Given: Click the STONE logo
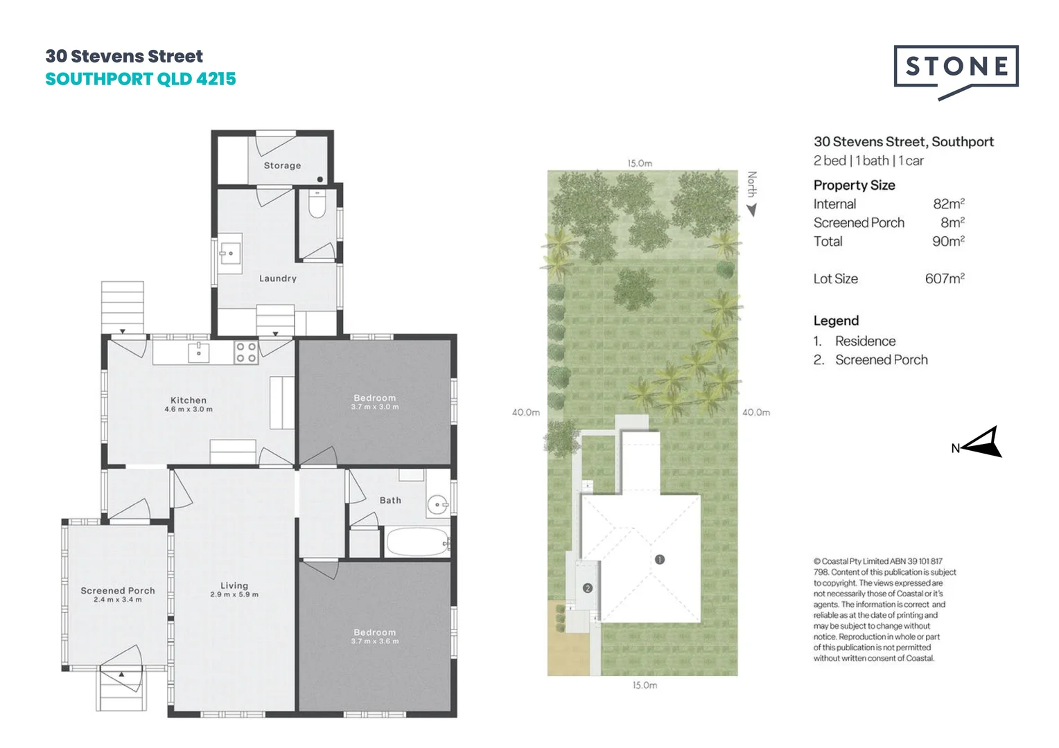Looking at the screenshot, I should point(956,67).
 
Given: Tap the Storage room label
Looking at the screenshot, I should point(282,166).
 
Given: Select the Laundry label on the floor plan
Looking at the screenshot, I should point(278,278).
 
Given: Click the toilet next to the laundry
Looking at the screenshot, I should point(317,205).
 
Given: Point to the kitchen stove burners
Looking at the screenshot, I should point(246,353).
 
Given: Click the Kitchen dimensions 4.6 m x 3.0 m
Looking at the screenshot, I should point(189,409).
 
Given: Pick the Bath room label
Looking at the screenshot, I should point(390,500).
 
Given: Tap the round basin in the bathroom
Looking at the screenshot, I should point(437,505).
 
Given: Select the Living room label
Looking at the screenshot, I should point(234,585).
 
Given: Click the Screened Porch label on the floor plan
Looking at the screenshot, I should point(118,591).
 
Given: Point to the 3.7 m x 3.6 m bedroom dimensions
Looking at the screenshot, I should point(375,641).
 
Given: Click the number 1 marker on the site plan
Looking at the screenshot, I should point(660,559).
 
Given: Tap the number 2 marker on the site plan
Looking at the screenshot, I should point(588,588).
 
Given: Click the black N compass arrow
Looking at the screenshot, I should point(983,443).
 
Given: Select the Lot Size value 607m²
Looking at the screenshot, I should point(944,278).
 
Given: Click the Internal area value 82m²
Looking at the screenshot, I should point(948,204).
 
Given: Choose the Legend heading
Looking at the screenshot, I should point(836,321).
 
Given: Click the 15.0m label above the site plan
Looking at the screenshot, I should point(640,163).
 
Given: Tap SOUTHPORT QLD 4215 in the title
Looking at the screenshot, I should point(141,79).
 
